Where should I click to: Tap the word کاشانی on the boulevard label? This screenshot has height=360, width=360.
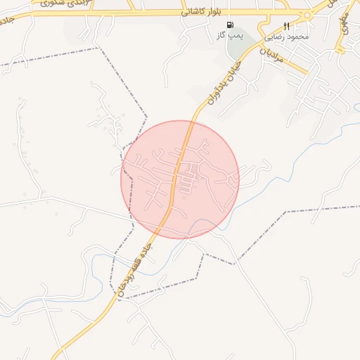[x=195, y=12]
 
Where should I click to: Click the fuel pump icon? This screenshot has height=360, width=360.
[x=230, y=25]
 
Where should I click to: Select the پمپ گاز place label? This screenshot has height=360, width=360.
[x=230, y=34]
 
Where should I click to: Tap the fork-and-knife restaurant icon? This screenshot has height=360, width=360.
[x=286, y=26]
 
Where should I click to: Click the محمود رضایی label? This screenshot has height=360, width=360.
[x=286, y=36]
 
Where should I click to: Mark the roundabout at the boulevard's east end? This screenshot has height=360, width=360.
[x=307, y=15]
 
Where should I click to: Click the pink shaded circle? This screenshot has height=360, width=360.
[x=211, y=204]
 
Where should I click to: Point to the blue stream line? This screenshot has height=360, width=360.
[x=204, y=226]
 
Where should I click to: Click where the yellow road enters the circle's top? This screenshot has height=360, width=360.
[x=190, y=122]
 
